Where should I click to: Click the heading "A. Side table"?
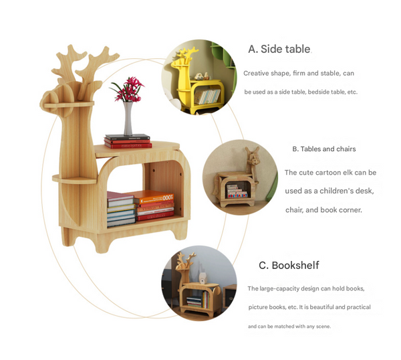(x=279, y=49)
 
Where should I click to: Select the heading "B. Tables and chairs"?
(x=323, y=149)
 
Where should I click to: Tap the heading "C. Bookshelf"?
(x=289, y=265)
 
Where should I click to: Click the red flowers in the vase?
(x=127, y=89)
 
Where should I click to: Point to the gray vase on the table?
(x=128, y=119)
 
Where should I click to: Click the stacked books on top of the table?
(x=128, y=141)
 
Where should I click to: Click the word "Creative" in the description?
(x=256, y=73)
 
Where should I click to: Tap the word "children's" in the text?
(x=334, y=191)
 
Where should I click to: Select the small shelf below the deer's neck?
(x=74, y=179)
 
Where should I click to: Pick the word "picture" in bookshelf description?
(x=259, y=307)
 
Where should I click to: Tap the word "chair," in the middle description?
(x=295, y=210)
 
